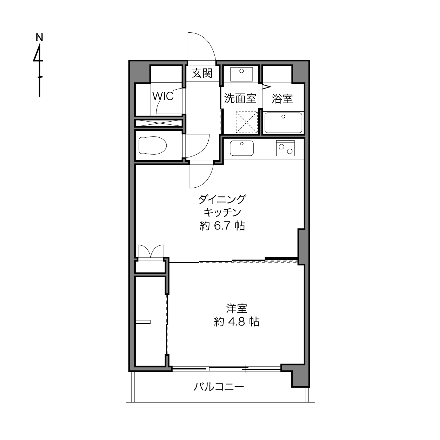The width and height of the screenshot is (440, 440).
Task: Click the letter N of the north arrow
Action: point(39,38)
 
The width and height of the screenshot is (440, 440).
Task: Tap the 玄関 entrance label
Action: point(202,73)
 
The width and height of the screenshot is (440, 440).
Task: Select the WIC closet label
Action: point(163,96)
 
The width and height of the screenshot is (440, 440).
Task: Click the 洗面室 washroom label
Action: point(240,98)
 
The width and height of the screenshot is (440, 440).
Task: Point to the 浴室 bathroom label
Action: point(282,99)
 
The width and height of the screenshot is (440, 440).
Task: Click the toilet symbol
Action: point(153,145)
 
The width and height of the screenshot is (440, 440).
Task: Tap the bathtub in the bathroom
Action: point(283,123)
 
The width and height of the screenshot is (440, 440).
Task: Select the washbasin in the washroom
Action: point(241,74)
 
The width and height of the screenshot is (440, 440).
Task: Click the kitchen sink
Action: point(241,148)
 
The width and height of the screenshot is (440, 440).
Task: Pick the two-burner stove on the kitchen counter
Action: point(285,148)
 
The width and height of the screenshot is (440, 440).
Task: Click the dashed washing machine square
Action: point(247,122)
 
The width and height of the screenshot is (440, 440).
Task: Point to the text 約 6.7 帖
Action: point(222,226)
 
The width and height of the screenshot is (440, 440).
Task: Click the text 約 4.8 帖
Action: point(237,322)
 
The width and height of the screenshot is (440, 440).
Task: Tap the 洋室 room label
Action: point(237,309)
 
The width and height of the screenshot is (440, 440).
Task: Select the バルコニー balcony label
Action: point(219,387)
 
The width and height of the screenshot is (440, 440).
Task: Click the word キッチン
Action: point(222,213)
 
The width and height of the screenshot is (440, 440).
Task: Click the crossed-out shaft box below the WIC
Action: point(159,123)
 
